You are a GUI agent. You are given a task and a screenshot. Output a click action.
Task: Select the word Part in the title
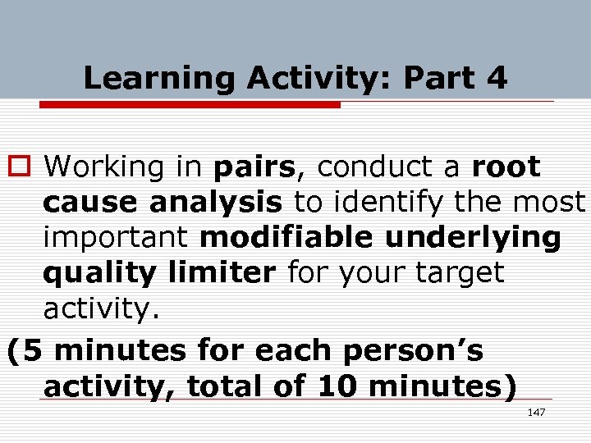click(439, 79)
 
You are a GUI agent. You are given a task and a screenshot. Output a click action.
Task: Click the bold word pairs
click(254, 168)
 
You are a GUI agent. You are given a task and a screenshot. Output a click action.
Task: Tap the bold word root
click(506, 167)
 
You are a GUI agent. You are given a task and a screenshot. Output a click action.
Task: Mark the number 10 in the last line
click(340, 386)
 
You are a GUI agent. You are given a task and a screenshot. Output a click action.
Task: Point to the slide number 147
click(535, 412)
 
